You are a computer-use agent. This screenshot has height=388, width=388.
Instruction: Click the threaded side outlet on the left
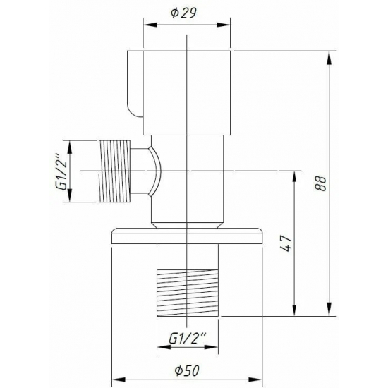click(x=116, y=171)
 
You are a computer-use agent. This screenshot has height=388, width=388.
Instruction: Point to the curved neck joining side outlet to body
click(x=151, y=171)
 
